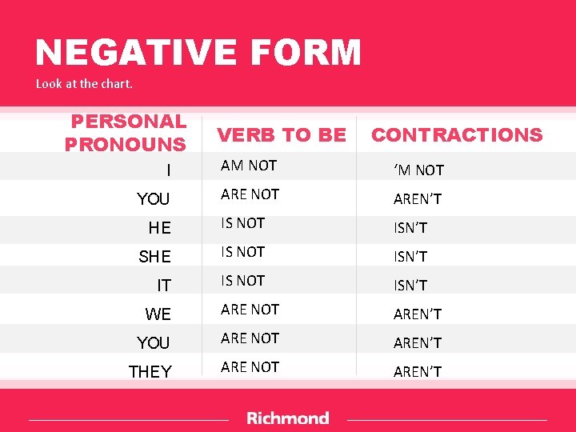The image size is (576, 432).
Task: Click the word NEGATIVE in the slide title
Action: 127,53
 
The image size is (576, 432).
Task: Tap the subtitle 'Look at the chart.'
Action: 84,83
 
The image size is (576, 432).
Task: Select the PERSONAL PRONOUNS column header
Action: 126,133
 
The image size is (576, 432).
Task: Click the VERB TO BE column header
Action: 282,135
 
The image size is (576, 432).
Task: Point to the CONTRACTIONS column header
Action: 457,135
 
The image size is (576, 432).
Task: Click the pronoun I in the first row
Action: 168,170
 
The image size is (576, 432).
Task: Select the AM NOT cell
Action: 249,166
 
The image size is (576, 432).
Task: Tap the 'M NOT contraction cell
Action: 418,170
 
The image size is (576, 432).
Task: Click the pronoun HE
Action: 159,228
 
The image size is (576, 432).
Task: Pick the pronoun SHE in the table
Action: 154,257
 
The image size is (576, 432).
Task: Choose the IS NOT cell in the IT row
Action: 242,281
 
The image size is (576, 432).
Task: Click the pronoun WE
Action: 158,314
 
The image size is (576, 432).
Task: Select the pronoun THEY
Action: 150,372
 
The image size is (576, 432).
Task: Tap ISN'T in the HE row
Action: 410,228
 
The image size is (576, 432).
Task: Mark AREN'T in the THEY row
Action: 418,372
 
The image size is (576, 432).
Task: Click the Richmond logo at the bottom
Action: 287,418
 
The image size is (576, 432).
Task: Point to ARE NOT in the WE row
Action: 250,310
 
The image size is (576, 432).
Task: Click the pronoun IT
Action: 163,286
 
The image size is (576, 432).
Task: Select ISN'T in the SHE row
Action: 410,257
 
